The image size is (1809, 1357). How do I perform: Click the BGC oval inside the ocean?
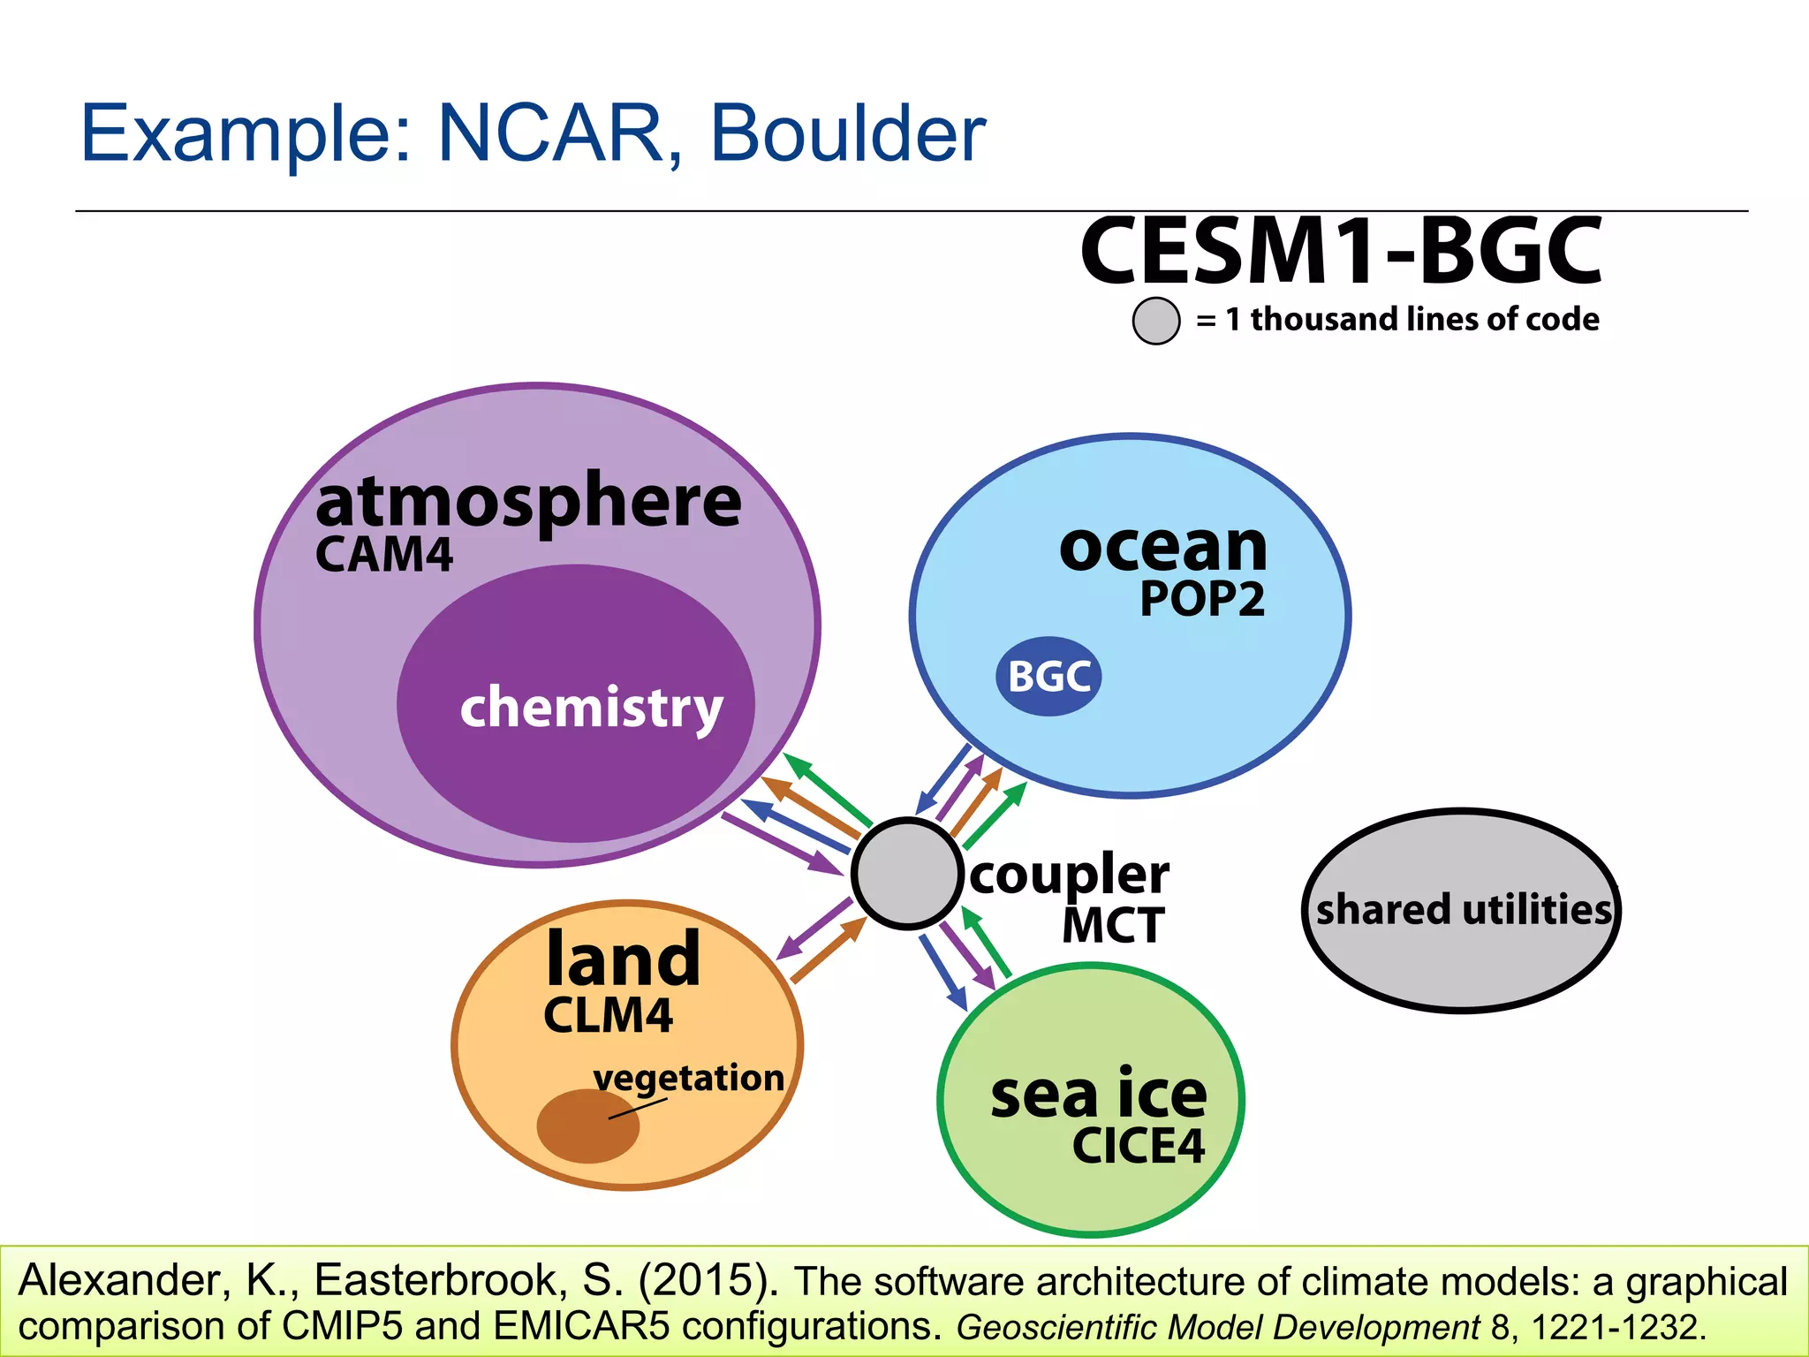pyautogui.click(x=1048, y=677)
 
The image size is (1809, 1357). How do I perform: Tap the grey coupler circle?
pyautogui.click(x=907, y=873)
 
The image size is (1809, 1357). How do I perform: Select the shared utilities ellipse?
pyautogui.click(x=1462, y=910)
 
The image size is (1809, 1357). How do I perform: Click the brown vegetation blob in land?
pyautogui.click(x=587, y=1126)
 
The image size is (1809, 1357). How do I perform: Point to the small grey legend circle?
pyautogui.click(x=1155, y=320)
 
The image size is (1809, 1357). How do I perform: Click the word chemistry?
pyautogui.click(x=591, y=708)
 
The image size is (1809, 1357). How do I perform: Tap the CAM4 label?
pyautogui.click(x=384, y=556)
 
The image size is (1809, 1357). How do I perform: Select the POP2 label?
pyautogui.click(x=1202, y=599)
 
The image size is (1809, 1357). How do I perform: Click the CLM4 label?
pyautogui.click(x=608, y=1015)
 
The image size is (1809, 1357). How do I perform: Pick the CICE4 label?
pyautogui.click(x=1139, y=1146)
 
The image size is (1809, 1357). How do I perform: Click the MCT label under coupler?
pyautogui.click(x=1113, y=926)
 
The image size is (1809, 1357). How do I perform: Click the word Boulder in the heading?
pyautogui.click(x=848, y=134)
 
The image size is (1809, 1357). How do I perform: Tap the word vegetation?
pyautogui.click(x=689, y=1079)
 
